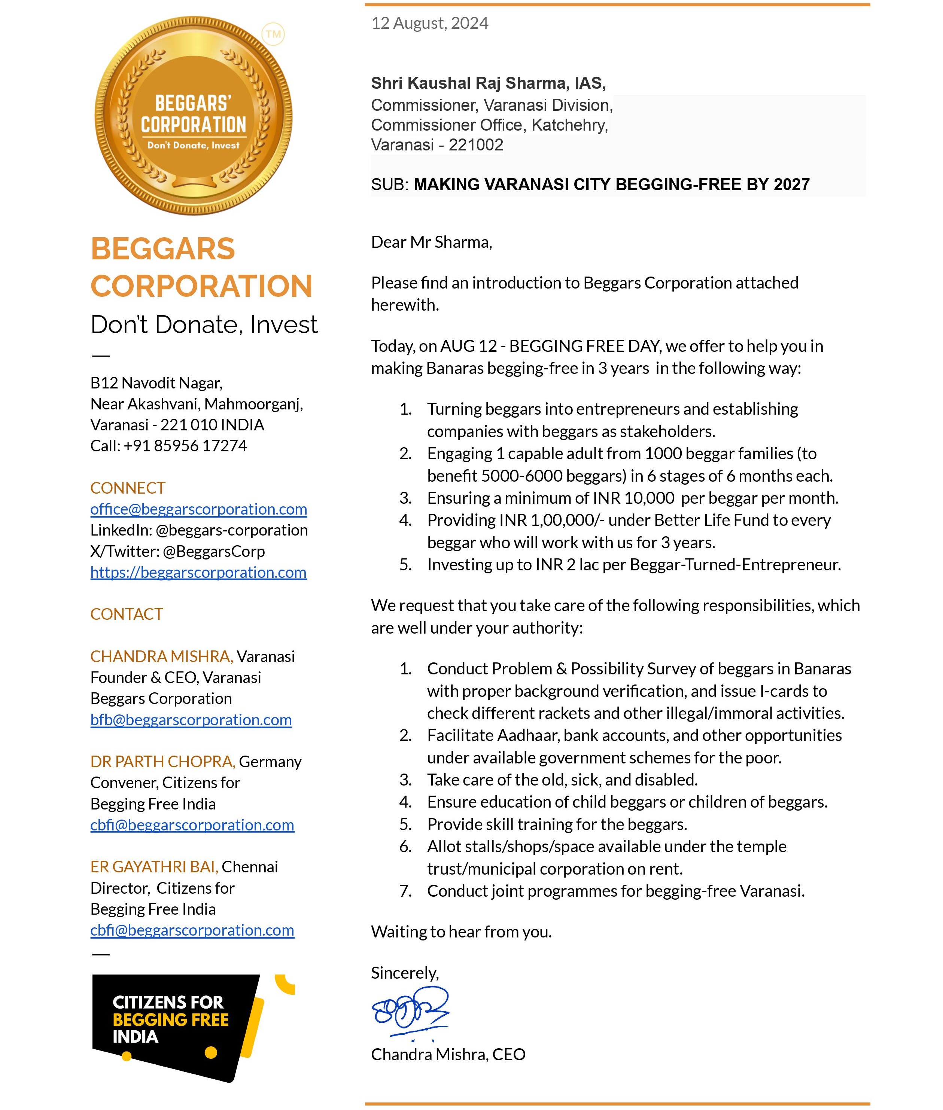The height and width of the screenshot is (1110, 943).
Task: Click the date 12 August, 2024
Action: tap(429, 23)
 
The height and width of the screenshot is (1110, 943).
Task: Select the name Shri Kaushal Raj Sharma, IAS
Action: tap(488, 83)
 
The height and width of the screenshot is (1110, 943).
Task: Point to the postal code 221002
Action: tap(476, 145)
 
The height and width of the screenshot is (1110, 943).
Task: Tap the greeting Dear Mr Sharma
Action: tap(431, 242)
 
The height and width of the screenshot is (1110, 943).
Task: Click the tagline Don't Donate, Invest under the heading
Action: tap(204, 324)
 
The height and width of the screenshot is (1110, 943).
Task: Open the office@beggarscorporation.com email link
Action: tap(198, 509)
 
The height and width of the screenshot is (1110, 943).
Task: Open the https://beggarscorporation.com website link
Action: tap(198, 572)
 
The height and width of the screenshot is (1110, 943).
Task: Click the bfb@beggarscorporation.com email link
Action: tap(191, 720)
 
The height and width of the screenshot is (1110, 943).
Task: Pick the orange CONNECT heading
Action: tap(128, 488)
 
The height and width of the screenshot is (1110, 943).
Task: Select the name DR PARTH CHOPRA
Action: tap(162, 762)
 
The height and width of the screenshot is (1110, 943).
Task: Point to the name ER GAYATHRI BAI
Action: tap(154, 867)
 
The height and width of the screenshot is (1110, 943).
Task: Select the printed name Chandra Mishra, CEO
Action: tap(448, 1054)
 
